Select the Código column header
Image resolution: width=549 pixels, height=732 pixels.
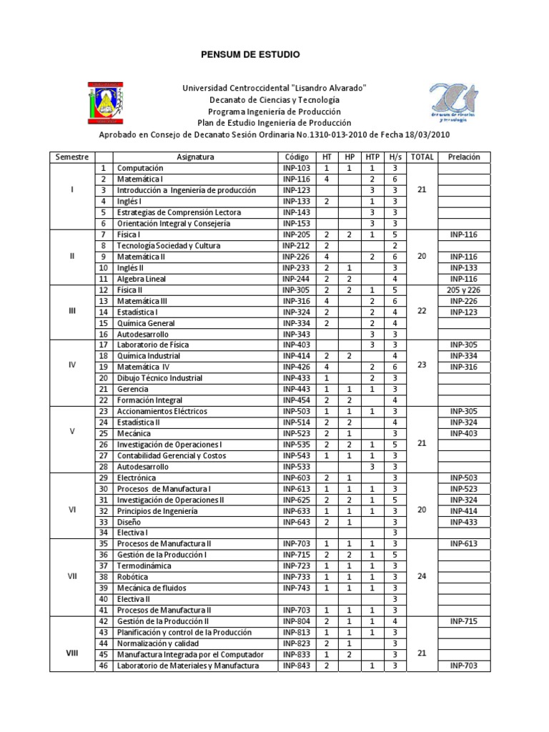[x=296, y=157]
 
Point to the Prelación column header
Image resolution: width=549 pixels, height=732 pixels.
[x=464, y=157]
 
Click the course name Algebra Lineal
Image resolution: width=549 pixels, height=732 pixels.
[x=139, y=279]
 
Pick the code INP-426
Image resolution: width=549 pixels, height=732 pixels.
[x=296, y=367]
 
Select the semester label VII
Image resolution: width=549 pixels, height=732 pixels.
[x=71, y=577]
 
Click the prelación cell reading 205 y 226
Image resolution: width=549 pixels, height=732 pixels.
[x=464, y=290]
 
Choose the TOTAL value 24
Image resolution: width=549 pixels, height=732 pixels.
[x=422, y=577]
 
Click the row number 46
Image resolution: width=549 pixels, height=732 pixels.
[x=103, y=666]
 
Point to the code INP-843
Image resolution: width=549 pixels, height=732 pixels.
[x=296, y=666]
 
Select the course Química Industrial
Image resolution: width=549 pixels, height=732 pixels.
[x=149, y=356]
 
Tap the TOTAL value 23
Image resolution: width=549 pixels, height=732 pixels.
[x=422, y=365]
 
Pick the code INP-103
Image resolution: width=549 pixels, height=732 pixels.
[x=296, y=168]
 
